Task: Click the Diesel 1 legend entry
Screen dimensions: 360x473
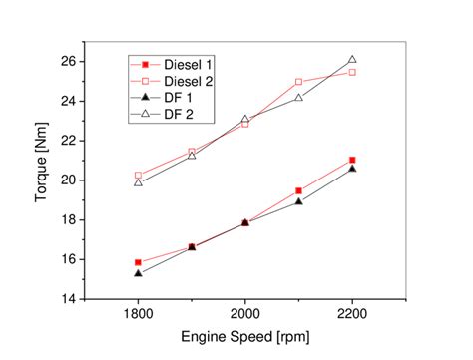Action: [x=186, y=65]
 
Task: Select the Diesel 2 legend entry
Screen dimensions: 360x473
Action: [x=186, y=81]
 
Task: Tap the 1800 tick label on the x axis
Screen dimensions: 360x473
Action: [x=138, y=315]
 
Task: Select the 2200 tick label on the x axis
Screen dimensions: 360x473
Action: [x=351, y=315]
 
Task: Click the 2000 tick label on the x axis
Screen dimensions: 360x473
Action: [x=244, y=315]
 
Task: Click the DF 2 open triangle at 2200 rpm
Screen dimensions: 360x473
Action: [x=352, y=59]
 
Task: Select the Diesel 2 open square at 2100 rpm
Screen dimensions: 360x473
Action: [x=298, y=82]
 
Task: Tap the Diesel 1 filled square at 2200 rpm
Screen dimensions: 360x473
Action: [x=352, y=160]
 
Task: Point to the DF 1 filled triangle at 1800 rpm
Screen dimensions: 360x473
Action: [x=138, y=272]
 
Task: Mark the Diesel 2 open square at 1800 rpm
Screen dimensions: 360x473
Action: [x=138, y=176]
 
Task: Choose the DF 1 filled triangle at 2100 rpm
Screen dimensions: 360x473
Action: [x=298, y=200]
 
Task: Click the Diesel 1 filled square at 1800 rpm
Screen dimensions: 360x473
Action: [x=138, y=262]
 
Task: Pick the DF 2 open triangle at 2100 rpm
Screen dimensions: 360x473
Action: [x=298, y=97]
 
